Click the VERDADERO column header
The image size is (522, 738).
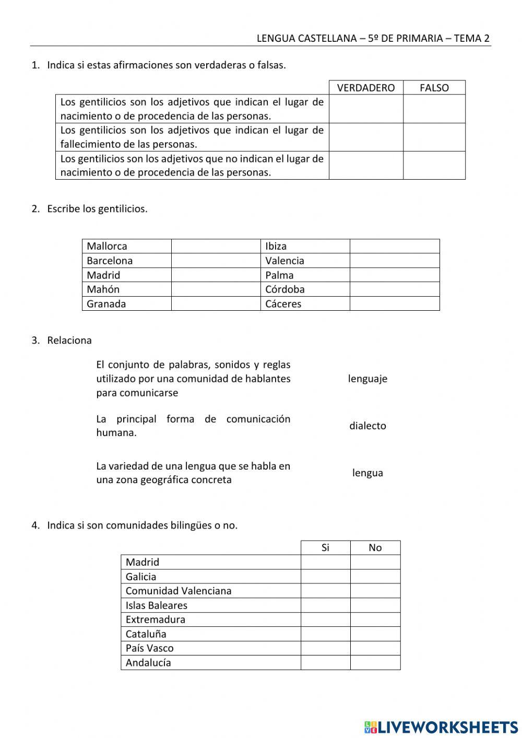click(x=366, y=88)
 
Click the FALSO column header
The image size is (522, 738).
click(x=434, y=88)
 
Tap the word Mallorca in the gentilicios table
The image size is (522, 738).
click(x=107, y=246)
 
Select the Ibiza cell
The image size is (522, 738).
click(x=276, y=246)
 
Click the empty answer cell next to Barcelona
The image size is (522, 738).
click(x=216, y=261)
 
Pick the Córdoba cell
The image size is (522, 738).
click(x=284, y=289)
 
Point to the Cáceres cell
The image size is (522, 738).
click(x=283, y=304)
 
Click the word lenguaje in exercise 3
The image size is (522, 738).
click(x=367, y=379)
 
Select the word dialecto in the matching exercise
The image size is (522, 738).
click(x=367, y=426)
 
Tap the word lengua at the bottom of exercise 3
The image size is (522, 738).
click(x=367, y=473)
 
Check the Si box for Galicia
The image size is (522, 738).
click(x=325, y=577)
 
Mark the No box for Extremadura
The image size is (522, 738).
click(x=375, y=619)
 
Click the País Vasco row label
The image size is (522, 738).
click(x=149, y=648)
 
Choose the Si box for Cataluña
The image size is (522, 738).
click(x=325, y=634)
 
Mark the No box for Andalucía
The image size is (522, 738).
click(x=375, y=663)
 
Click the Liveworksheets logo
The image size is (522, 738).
click(x=441, y=727)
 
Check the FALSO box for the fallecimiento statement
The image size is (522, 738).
click(x=434, y=137)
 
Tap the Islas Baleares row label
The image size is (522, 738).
click(x=156, y=605)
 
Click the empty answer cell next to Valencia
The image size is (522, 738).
click(x=394, y=261)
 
